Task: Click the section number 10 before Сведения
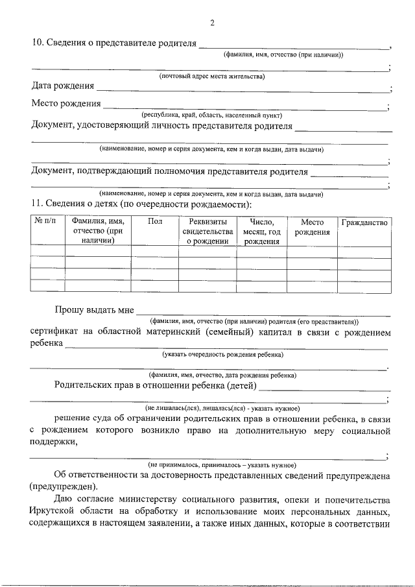38,43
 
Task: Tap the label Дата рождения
63,86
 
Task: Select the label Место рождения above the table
66,104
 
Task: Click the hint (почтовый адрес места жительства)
212,77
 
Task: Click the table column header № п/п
47,222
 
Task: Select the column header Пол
155,222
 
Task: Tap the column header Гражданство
364,222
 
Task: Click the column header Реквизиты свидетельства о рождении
207,232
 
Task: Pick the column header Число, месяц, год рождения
261,232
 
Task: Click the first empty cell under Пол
155,252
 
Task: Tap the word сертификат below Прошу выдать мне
57,332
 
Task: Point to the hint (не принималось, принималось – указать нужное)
222,465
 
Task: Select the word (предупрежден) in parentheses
64,486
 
